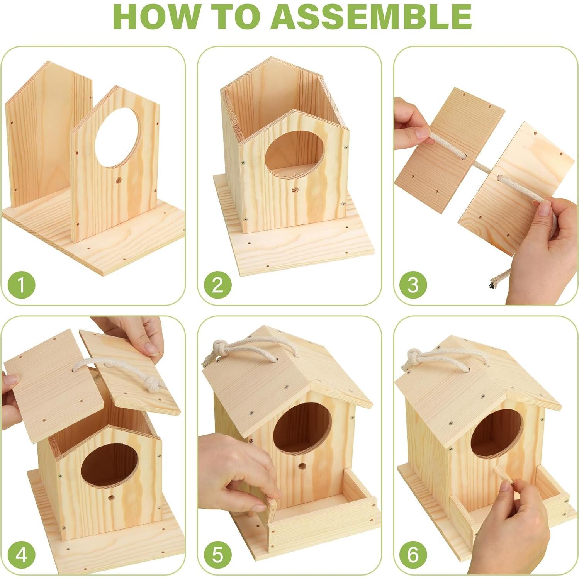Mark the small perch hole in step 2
click(295, 190)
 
